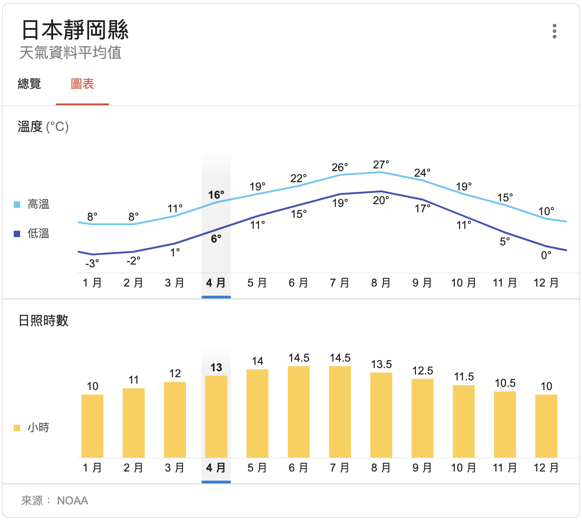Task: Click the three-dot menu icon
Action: tap(554, 31)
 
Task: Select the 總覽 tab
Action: tap(29, 84)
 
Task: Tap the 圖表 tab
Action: tap(82, 84)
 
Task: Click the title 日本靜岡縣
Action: tap(75, 30)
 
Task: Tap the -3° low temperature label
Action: tap(92, 264)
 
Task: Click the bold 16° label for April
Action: tap(216, 195)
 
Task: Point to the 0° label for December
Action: tap(546, 255)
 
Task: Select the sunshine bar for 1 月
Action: tap(92, 426)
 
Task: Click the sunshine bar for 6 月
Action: tap(299, 412)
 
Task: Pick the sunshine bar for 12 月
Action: tap(546, 426)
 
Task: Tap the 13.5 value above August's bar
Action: tap(381, 364)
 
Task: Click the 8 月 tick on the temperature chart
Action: tap(381, 283)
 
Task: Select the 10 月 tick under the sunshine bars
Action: tap(463, 468)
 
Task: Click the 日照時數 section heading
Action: tap(43, 320)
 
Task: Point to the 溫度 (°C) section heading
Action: tap(43, 126)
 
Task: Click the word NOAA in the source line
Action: tap(72, 501)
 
